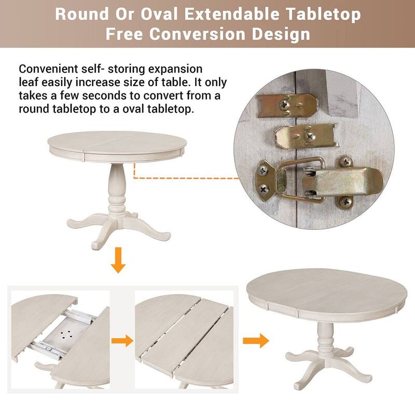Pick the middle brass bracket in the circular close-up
click(x=306, y=135)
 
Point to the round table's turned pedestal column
click(x=114, y=186)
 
